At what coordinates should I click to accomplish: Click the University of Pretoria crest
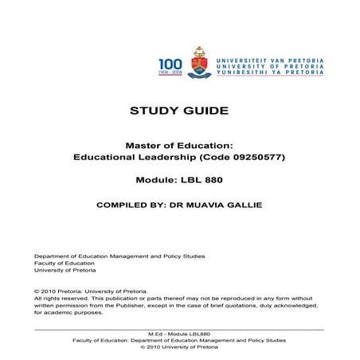[198, 64]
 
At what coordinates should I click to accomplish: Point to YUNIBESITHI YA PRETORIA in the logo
[268, 72]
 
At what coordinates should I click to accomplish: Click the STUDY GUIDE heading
[179, 110]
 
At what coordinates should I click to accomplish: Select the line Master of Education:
[179, 145]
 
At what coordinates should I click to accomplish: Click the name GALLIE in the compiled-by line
[241, 204]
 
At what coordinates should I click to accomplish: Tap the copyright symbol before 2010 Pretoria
[37, 292]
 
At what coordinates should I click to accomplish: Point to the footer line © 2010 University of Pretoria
[179, 347]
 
